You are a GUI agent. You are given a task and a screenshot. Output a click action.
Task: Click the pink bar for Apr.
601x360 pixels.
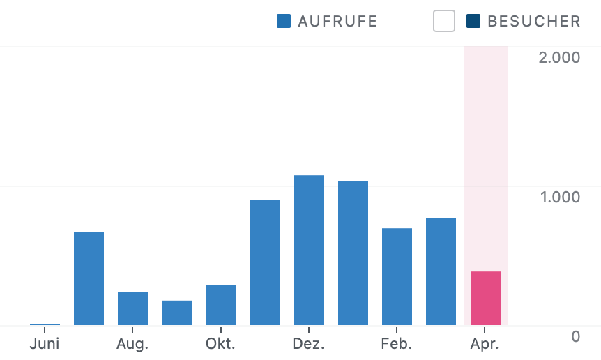(485, 299)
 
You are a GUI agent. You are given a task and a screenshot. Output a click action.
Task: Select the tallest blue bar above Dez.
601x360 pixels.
(309, 250)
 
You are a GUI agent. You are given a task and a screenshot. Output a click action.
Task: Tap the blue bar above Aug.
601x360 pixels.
(132, 308)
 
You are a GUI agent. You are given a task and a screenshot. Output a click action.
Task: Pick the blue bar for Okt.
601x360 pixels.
(221, 305)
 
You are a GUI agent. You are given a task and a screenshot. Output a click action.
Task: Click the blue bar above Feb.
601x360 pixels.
(397, 277)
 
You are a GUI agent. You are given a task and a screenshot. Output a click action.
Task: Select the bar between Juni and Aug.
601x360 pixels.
(89, 278)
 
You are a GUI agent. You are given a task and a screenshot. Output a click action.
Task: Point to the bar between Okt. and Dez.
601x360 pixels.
(265, 263)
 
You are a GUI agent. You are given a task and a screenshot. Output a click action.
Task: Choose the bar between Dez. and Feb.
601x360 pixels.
(353, 253)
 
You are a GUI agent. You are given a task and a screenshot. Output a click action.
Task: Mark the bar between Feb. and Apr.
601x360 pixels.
(441, 271)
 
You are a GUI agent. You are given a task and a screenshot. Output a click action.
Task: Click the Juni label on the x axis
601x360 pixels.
(45, 343)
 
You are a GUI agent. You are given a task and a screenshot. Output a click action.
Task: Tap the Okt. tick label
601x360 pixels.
(221, 343)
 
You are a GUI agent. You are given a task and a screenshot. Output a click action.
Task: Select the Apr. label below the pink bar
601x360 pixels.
(485, 343)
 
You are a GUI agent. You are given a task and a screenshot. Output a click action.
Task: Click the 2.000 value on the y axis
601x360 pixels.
(559, 57)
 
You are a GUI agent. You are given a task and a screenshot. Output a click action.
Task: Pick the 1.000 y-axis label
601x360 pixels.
(559, 197)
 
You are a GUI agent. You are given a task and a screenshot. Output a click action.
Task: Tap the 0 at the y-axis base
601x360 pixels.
(575, 336)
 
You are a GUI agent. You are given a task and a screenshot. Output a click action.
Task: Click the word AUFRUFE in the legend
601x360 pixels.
(337, 22)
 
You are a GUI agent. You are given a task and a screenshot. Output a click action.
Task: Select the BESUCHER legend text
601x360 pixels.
(534, 22)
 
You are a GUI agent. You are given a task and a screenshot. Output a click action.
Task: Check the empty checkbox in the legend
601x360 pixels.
(444, 22)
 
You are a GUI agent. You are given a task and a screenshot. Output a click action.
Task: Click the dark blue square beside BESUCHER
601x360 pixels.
(474, 22)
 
